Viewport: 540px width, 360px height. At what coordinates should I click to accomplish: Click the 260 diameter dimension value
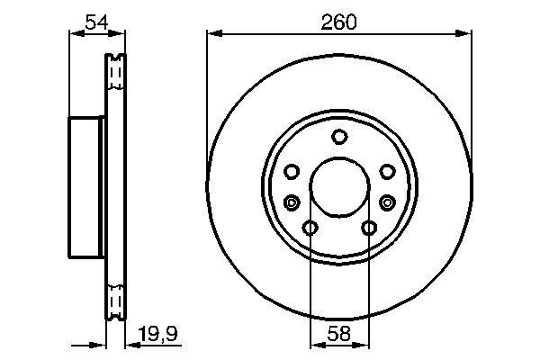pyautogui.click(x=339, y=22)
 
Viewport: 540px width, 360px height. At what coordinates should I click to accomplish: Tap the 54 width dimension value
pyautogui.click(x=96, y=22)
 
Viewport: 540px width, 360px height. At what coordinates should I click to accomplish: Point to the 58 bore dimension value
pyautogui.click(x=339, y=332)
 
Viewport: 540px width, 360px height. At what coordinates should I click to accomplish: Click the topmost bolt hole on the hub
pyautogui.click(x=339, y=137)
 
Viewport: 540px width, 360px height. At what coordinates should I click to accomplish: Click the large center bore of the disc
pyautogui.click(x=339, y=188)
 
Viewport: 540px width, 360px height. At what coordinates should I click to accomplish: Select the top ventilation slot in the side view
pyautogui.click(x=114, y=73)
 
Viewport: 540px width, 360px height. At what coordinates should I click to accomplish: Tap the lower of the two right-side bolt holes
pyautogui.click(x=389, y=202)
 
